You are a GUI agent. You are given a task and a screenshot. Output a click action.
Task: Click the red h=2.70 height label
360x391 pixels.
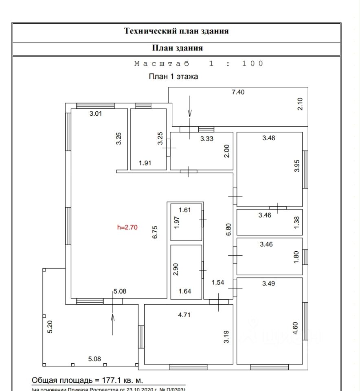point(127,228)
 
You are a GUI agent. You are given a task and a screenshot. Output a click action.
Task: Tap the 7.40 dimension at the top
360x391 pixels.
point(238,92)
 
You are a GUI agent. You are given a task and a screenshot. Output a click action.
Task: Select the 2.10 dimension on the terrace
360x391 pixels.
point(300,104)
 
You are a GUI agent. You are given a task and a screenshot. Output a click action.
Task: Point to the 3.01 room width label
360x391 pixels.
point(96,114)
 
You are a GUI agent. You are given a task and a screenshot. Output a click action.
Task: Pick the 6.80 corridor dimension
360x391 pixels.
point(228,229)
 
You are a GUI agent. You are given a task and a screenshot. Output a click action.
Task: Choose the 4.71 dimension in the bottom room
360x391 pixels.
point(184,314)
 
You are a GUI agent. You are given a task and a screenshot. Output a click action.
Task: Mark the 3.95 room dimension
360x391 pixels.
point(297,166)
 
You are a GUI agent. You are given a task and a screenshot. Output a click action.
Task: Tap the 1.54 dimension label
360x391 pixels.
point(218,282)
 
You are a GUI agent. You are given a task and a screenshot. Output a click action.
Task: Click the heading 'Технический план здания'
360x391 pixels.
point(176,31)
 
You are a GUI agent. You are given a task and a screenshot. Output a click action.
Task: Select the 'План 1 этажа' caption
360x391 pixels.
point(173,77)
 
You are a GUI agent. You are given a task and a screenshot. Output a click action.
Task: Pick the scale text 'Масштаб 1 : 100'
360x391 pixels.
point(199,64)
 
